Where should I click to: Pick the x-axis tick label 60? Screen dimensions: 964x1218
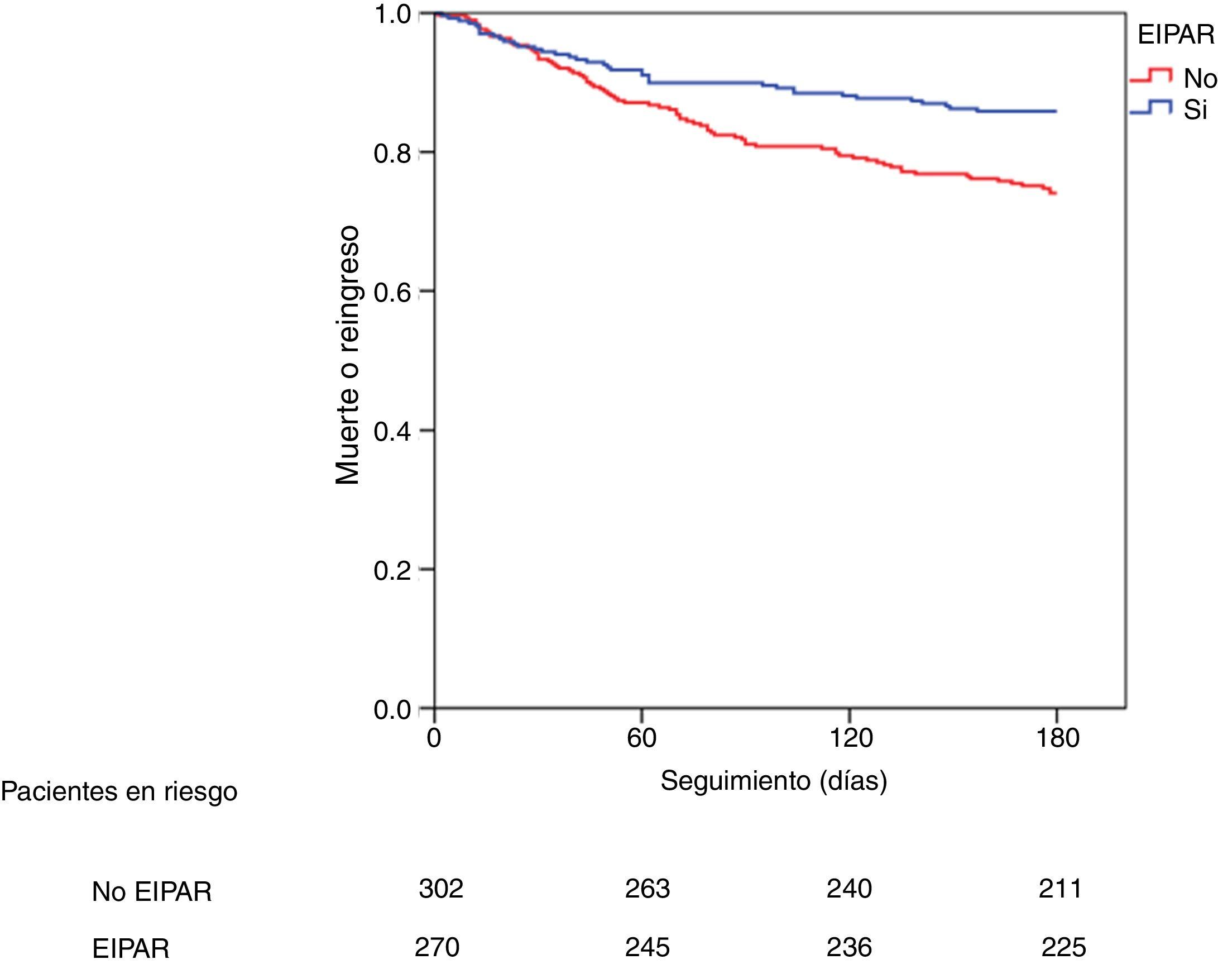click(641, 738)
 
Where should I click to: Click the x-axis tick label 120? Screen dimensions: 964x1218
click(850, 738)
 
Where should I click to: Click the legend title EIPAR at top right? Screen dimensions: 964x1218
click(1176, 35)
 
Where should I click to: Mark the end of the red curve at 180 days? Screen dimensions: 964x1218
click(1056, 193)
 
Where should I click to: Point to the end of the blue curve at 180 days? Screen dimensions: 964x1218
click(1056, 112)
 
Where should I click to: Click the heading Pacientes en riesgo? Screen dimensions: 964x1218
click(119, 792)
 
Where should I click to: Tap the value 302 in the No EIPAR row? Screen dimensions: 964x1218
click(440, 889)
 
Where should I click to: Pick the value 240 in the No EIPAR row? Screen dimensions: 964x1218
click(849, 889)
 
